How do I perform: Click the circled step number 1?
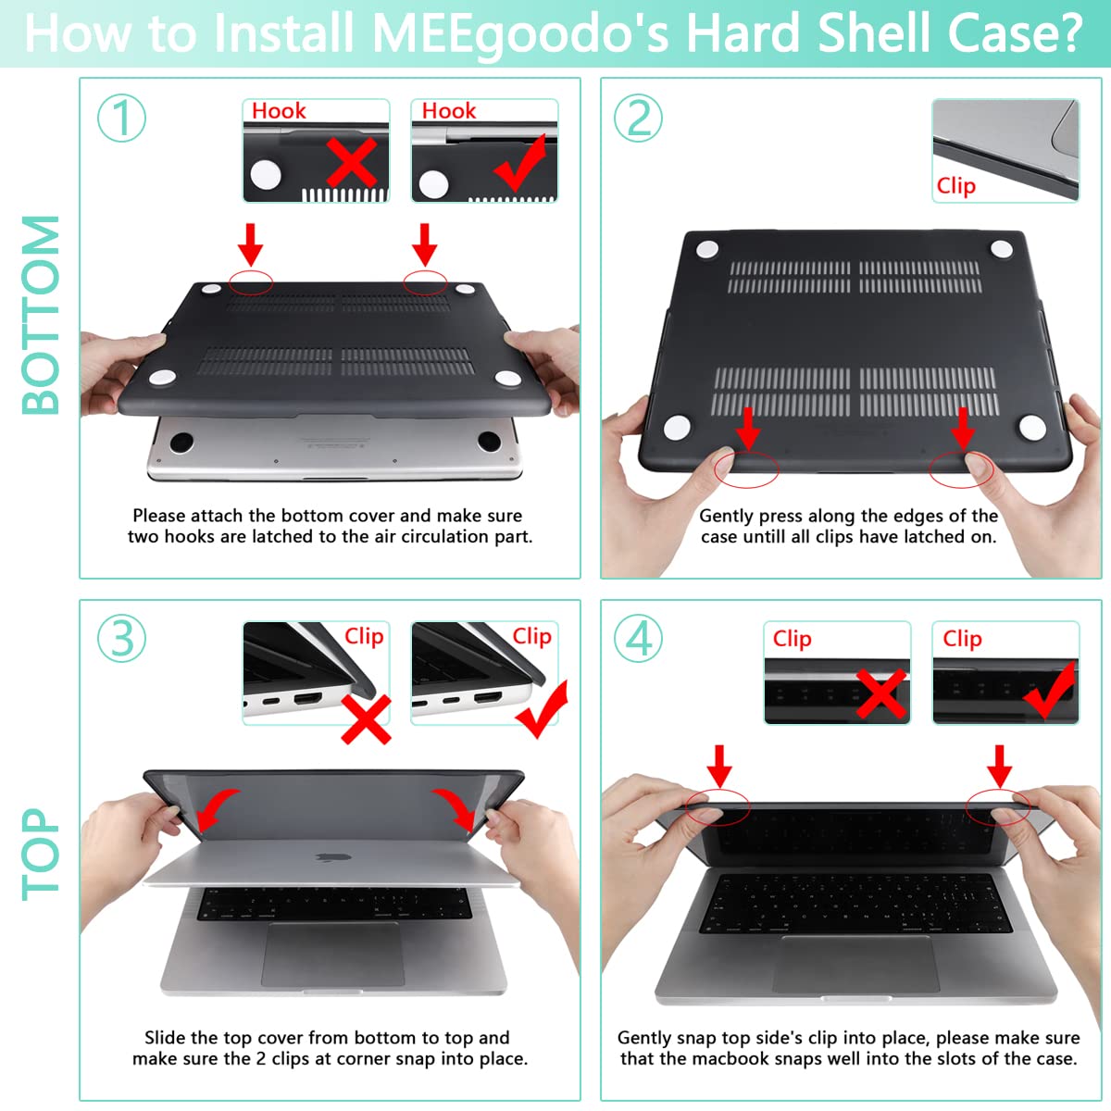121,118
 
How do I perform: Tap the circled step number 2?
639,118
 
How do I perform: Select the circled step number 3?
121,638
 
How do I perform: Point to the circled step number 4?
639,638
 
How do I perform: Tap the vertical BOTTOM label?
41,315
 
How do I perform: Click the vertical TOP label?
41,854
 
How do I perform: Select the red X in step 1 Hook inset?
352,163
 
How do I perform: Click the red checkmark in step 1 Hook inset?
520,162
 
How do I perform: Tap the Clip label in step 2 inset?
955,185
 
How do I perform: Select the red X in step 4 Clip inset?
880,694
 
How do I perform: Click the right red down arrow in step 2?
963,428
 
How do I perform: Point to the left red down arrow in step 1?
250,243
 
